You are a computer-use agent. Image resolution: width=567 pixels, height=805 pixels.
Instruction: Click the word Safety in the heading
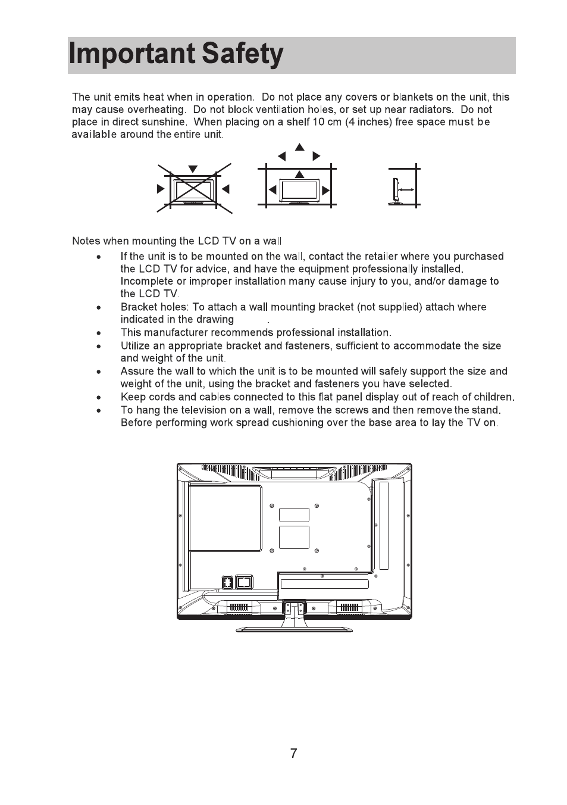(x=242, y=54)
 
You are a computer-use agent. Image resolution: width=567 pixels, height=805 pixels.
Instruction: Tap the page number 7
(x=293, y=754)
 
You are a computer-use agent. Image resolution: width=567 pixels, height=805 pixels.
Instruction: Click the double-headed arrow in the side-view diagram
(x=407, y=189)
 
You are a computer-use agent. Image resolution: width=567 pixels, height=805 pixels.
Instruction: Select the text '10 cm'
(x=325, y=122)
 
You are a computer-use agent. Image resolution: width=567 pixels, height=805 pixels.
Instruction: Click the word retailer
(x=378, y=257)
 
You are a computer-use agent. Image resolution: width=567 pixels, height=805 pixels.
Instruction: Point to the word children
(x=493, y=397)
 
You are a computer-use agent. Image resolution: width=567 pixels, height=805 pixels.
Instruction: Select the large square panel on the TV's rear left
(x=225, y=517)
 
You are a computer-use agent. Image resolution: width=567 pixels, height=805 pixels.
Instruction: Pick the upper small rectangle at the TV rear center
(x=294, y=515)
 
